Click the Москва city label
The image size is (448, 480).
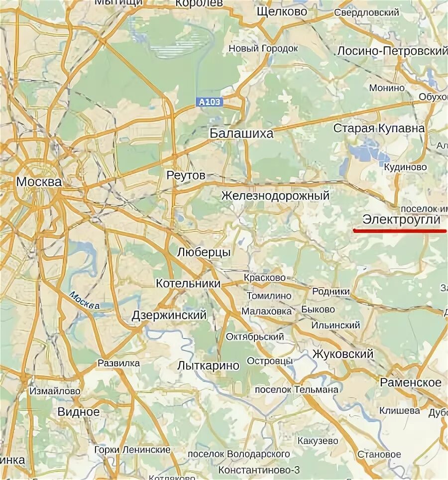pos(39,182)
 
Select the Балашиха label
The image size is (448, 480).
pos(241,133)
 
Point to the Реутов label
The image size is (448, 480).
pos(186,176)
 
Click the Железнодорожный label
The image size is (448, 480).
pos(275,196)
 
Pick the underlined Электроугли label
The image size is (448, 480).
pos(401,220)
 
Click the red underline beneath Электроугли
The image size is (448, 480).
pos(399,231)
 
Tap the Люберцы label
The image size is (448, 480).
pos(204,252)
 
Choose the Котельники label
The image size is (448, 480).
pos(188,283)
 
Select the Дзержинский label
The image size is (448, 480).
pos(169,315)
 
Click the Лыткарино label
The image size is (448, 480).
pos(208,366)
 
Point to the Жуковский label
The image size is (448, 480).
pos(343,354)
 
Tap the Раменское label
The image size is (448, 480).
pos(411,382)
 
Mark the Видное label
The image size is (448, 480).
pos(79,412)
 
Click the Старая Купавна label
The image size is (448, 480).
pos(379,128)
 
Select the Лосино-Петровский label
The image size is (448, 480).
pos(392,51)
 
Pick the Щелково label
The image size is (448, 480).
pos(282,11)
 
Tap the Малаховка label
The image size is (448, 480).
pos(267,311)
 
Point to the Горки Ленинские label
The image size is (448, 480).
pos(132,450)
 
